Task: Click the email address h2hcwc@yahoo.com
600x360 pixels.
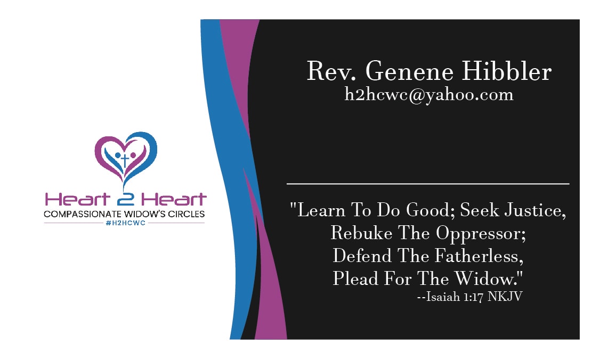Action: click(429, 95)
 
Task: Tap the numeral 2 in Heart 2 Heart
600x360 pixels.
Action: click(126, 200)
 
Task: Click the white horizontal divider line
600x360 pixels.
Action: click(428, 184)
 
